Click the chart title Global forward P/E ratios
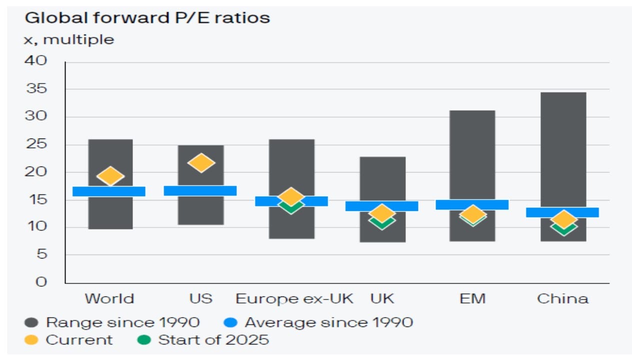coord(147,18)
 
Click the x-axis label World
coord(109,299)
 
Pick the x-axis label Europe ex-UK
coord(294,299)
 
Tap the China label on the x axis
coord(562,299)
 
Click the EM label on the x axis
coord(472,299)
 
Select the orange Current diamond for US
coord(201,162)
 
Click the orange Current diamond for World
coord(110,175)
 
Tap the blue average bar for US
coord(200,190)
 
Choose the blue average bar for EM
coord(472,204)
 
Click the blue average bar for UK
coord(382,206)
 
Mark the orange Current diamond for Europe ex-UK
coord(291,196)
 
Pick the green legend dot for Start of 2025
coord(144,340)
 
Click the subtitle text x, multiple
coord(69,39)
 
